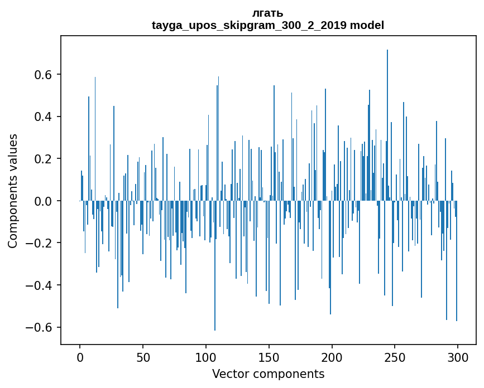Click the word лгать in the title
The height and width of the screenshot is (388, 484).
pos(268,13)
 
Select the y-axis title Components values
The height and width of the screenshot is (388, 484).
pos(13,191)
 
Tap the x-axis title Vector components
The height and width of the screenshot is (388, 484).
pos(268,374)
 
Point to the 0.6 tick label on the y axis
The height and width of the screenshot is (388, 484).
pos(45,75)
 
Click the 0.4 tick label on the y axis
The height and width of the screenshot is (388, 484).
pos(45,117)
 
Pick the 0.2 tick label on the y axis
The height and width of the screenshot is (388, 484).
pos(45,159)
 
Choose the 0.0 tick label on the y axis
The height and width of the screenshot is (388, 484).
pos(45,201)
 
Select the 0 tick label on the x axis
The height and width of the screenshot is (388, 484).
pos(80,357)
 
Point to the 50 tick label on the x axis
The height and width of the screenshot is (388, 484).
pos(143,357)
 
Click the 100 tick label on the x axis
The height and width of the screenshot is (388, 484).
pos(206,357)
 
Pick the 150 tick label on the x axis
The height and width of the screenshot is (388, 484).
pos(269,357)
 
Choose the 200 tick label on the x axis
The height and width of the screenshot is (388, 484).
pos(332,357)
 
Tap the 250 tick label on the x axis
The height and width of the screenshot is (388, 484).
pos(395,357)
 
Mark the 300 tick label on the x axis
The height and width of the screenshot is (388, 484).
pos(458,357)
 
